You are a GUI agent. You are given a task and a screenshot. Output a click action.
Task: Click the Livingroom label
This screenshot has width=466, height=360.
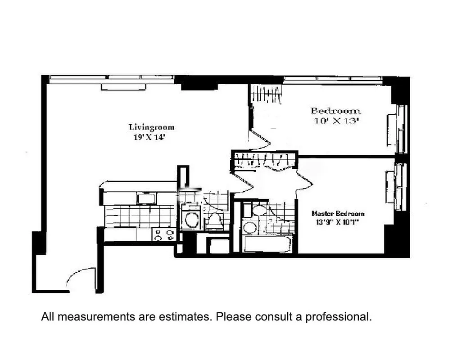151,127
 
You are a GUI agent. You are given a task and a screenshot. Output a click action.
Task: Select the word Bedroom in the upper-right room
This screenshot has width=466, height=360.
336,111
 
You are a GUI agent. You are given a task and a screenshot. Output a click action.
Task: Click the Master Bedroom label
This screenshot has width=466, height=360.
338,214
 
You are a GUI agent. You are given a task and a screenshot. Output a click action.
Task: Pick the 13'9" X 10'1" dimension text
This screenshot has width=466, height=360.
337,222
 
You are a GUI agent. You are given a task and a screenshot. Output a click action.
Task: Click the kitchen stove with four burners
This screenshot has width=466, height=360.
164,235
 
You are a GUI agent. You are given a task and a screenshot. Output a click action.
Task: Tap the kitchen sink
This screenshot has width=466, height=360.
147,198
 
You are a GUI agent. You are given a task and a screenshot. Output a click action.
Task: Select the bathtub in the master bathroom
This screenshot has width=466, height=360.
267,245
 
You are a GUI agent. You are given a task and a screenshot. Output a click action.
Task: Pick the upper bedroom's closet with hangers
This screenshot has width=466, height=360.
266,95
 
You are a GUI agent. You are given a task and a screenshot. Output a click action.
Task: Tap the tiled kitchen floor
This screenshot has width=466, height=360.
140,216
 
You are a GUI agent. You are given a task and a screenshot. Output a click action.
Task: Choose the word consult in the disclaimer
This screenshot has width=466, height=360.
271,317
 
